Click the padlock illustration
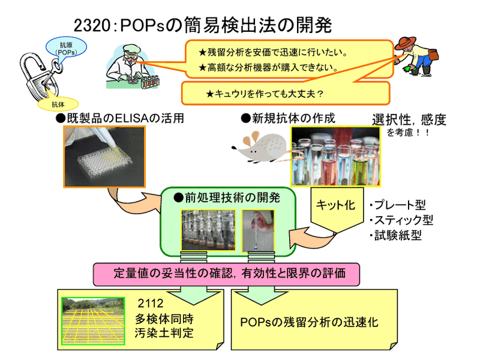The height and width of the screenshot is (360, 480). tap(33, 78)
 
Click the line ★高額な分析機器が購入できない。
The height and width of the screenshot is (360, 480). tap(268, 67)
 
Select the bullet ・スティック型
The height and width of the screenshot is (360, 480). tap(401, 220)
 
